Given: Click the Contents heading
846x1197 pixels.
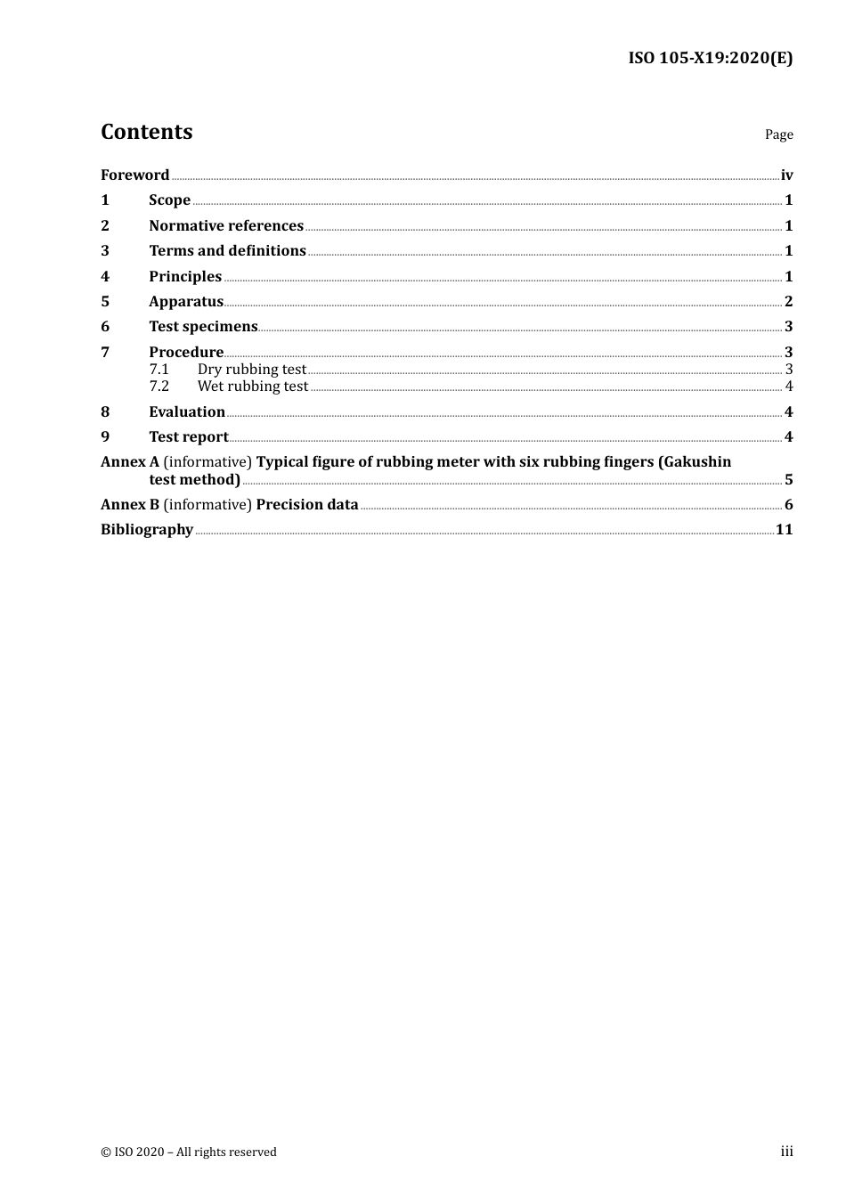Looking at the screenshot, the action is (x=146, y=132).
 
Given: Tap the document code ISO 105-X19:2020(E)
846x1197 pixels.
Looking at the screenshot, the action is (x=710, y=58).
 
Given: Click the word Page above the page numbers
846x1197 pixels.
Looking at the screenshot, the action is (x=778, y=134).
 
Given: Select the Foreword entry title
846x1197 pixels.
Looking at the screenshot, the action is (x=134, y=175).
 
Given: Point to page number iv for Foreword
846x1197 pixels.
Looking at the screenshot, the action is (x=786, y=175).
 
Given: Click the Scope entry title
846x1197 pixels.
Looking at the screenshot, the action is (x=169, y=199).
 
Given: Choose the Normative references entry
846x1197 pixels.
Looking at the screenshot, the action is (x=226, y=225).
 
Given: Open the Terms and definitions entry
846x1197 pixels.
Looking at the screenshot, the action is (x=227, y=250).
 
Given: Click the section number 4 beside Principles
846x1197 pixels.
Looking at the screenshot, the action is (x=105, y=276).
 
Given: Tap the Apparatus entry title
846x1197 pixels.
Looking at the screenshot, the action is (x=185, y=301).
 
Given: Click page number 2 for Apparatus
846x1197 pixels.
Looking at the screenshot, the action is (x=788, y=301).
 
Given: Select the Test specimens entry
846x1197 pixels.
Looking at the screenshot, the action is (x=203, y=326).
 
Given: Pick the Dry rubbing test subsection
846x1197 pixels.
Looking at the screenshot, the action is (x=251, y=369).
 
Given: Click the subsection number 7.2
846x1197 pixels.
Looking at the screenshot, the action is (x=159, y=386).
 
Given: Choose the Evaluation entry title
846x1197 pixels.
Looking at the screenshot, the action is (x=187, y=411).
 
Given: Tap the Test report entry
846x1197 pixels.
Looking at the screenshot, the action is (x=188, y=436).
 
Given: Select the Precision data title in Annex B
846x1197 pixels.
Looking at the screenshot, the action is (x=307, y=504).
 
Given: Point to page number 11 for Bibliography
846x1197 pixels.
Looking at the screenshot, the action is (x=784, y=529).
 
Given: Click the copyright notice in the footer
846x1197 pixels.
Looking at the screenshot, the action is (x=189, y=1152).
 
